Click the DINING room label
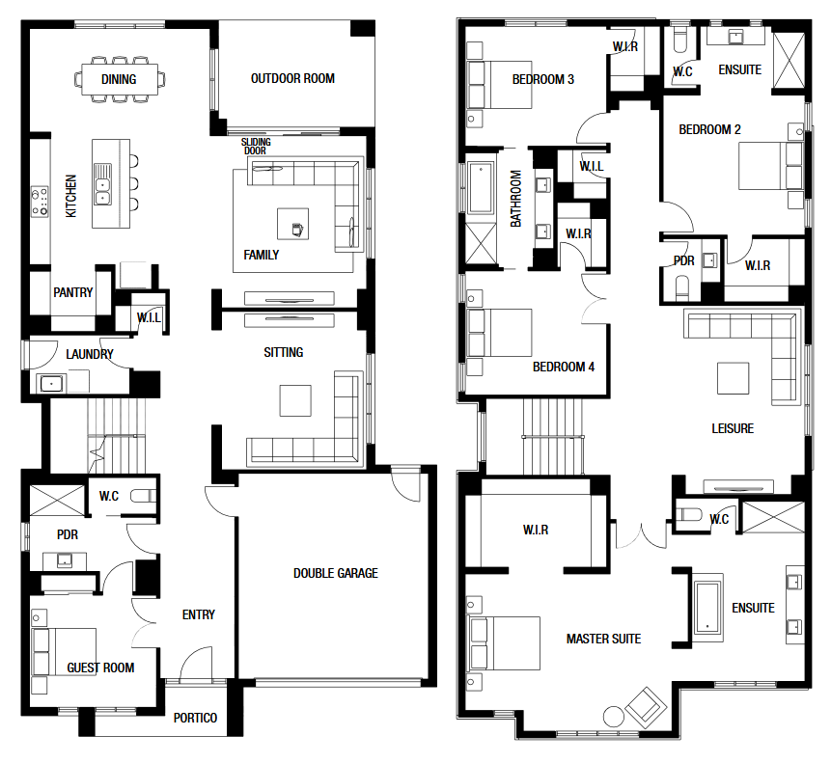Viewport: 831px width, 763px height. pos(119,79)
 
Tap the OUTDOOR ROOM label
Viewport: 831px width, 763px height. pos(292,78)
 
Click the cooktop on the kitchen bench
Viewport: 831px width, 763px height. pos(40,202)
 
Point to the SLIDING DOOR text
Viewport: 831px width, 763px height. pos(256,147)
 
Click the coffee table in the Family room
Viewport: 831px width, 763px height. pos(293,224)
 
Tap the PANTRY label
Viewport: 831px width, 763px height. pos(73,292)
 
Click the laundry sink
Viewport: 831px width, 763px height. pos(52,383)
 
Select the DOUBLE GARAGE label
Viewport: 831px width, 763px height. pos(336,573)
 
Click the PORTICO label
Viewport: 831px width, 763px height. pos(195,718)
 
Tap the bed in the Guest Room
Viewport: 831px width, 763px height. pos(64,652)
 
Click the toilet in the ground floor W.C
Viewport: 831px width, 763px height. pos(143,496)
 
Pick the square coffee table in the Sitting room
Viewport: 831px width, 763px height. pos(295,401)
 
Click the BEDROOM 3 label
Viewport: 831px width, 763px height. pos(543,79)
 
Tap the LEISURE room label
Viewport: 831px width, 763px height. pos(733,428)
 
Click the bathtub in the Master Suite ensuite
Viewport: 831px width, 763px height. pos(708,608)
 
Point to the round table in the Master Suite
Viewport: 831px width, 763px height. pos(614,717)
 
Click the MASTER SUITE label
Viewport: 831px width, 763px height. pos(603,640)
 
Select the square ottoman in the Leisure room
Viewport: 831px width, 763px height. pos(734,378)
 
